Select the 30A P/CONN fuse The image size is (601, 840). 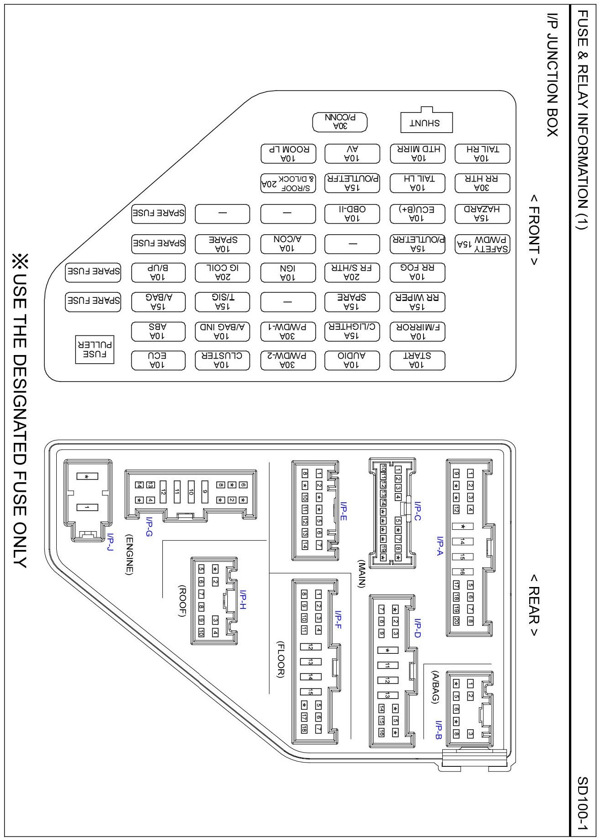[340, 122]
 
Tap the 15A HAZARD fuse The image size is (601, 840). [482, 214]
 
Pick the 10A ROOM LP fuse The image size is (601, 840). [288, 154]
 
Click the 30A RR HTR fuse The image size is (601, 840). [482, 183]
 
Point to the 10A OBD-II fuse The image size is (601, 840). [352, 214]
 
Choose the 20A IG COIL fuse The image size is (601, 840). [222, 272]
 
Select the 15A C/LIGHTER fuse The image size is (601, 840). [352, 331]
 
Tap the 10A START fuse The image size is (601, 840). [417, 360]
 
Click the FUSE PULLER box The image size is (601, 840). [94, 350]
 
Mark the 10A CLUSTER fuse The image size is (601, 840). [222, 360]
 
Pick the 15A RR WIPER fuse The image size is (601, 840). [417, 302]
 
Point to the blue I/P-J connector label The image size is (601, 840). [109, 542]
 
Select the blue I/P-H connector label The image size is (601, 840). [242, 599]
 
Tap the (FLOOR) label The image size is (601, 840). [280, 659]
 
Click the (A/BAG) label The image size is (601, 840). [435, 686]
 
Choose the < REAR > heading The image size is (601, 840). [534, 605]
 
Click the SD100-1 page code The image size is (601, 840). [582, 803]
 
